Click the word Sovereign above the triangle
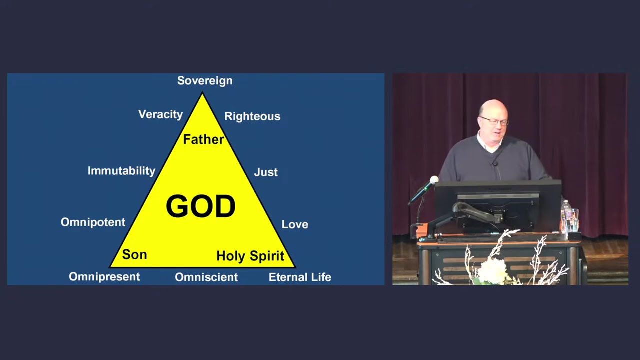pyautogui.click(x=205, y=81)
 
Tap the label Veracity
pyautogui.click(x=160, y=114)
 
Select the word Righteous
pyautogui.click(x=252, y=116)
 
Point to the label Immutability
pyautogui.click(x=121, y=171)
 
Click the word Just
pyautogui.click(x=266, y=172)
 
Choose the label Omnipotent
pyautogui.click(x=93, y=222)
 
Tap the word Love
pyautogui.click(x=295, y=224)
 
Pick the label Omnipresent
pyautogui.click(x=104, y=277)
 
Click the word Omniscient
pyautogui.click(x=206, y=277)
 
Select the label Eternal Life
pyautogui.click(x=300, y=277)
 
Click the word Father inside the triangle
pyautogui.click(x=203, y=139)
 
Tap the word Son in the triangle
pyautogui.click(x=134, y=255)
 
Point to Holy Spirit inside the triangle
pyautogui.click(x=250, y=256)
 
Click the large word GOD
pyautogui.click(x=200, y=206)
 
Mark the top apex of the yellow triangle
pyautogui.click(x=202, y=93)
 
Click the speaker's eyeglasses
pyautogui.click(x=494, y=121)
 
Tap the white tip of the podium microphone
pyautogui.click(x=434, y=180)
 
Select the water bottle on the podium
pyautogui.click(x=566, y=215)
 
